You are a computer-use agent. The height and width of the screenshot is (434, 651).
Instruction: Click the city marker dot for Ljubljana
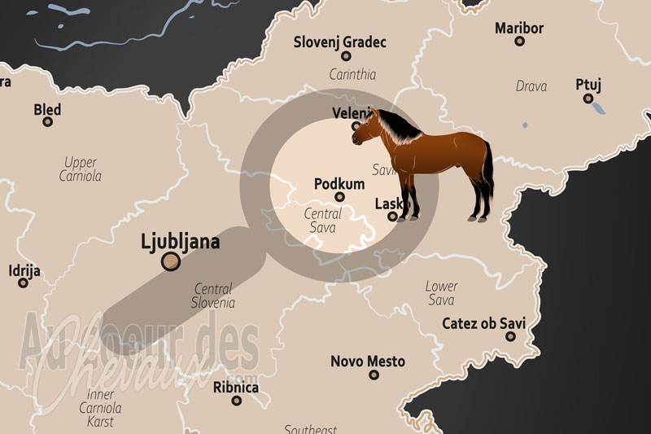pos(171,261)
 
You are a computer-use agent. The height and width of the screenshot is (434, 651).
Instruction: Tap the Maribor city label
pos(519,28)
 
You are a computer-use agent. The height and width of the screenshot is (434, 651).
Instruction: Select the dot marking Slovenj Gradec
pos(346,56)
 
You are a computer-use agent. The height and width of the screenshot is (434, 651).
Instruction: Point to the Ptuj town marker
pos(588,98)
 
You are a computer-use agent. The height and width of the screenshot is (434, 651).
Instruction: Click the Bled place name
pos(47,109)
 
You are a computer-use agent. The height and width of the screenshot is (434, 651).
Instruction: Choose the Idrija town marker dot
pos(24,286)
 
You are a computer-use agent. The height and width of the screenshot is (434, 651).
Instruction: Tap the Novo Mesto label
pos(368,362)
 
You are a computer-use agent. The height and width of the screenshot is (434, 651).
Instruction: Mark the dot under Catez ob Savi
pos(509,336)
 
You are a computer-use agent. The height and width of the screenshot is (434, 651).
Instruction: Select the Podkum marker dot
pos(340,196)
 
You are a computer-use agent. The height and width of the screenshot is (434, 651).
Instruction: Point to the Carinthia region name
pos(352,74)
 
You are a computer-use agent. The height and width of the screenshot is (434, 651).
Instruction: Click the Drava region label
pos(531,86)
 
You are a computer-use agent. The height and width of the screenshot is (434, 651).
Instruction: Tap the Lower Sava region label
pos(441,293)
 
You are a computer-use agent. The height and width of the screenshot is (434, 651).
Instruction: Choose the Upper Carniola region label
pos(80,169)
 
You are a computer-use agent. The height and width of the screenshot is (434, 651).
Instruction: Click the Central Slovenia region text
pos(214,296)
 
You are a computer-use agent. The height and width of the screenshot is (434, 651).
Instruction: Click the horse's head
pos(365,128)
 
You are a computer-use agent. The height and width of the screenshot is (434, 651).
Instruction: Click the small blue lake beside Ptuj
pos(598,107)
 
